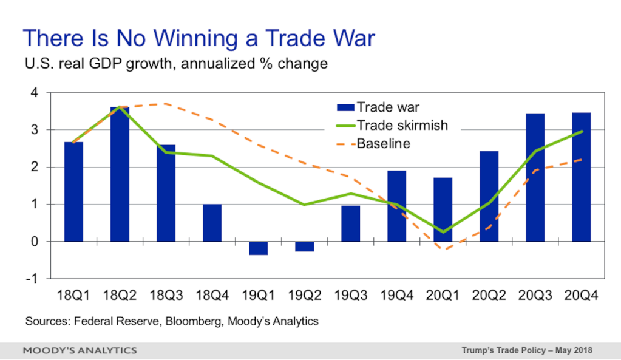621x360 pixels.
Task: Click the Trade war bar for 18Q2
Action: pyautogui.click(x=120, y=174)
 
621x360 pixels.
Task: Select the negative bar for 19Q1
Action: pyautogui.click(x=258, y=248)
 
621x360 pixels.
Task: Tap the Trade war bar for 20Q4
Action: pyautogui.click(x=582, y=177)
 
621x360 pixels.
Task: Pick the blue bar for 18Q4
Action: pyautogui.click(x=212, y=223)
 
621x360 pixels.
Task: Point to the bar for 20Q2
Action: pyautogui.click(x=489, y=197)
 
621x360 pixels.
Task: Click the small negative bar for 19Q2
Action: pyautogui.click(x=305, y=246)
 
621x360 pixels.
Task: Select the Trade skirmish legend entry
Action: pyautogui.click(x=392, y=126)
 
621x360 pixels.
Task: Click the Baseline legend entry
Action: pyautogui.click(x=373, y=144)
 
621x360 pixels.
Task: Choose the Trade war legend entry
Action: pyautogui.click(x=378, y=107)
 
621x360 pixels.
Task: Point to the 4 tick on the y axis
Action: pyautogui.click(x=35, y=93)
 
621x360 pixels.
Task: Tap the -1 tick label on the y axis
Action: pyautogui.click(x=32, y=279)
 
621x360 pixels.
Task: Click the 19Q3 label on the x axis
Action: pyautogui.click(x=351, y=296)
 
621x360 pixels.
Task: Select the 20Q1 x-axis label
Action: pyautogui.click(x=443, y=296)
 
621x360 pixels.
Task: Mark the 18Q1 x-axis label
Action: pyautogui.click(x=73, y=296)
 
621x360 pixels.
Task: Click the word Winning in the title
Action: pyautogui.click(x=195, y=38)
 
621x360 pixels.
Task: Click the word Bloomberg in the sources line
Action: pyautogui.click(x=194, y=321)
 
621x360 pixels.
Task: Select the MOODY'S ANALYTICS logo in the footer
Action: pyautogui.click(x=80, y=350)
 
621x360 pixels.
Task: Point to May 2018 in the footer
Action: pyautogui.click(x=574, y=350)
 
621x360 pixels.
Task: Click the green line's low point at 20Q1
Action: pyautogui.click(x=443, y=232)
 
